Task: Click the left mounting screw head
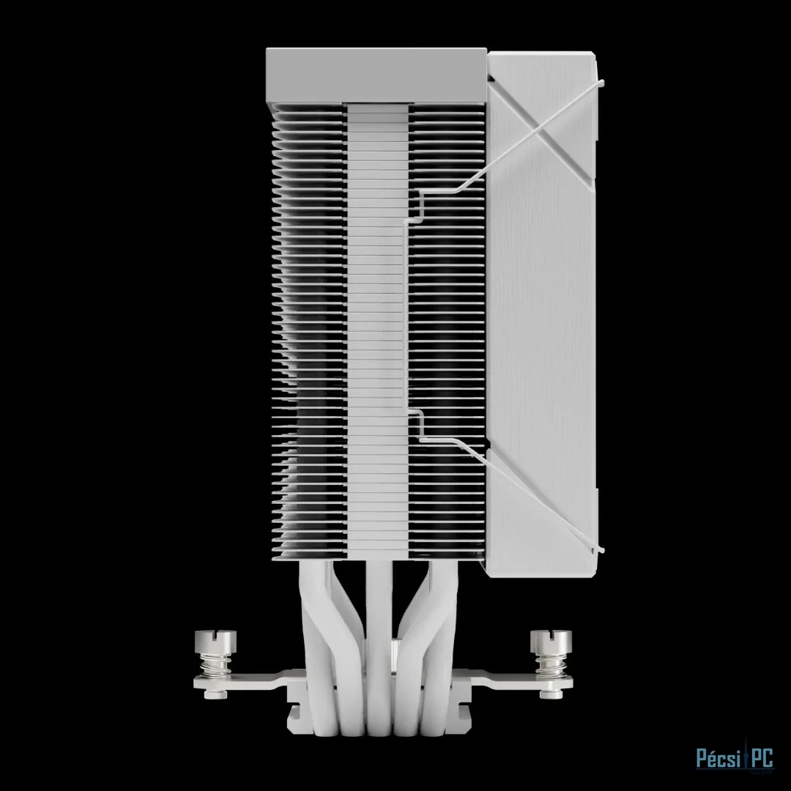(215, 641)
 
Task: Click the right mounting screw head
(551, 641)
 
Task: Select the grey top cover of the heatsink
(376, 75)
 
